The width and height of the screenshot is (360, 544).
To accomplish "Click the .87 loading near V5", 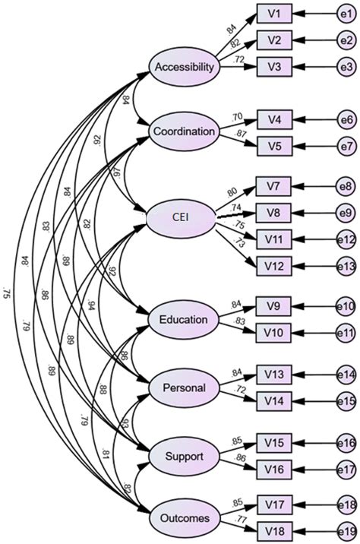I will click(x=242, y=135).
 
